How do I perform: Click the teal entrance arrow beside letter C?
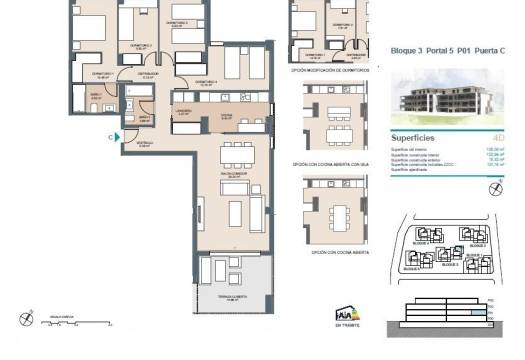117,138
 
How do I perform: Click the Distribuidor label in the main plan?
148,73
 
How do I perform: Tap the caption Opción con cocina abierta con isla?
331,164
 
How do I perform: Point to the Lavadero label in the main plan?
182,111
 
